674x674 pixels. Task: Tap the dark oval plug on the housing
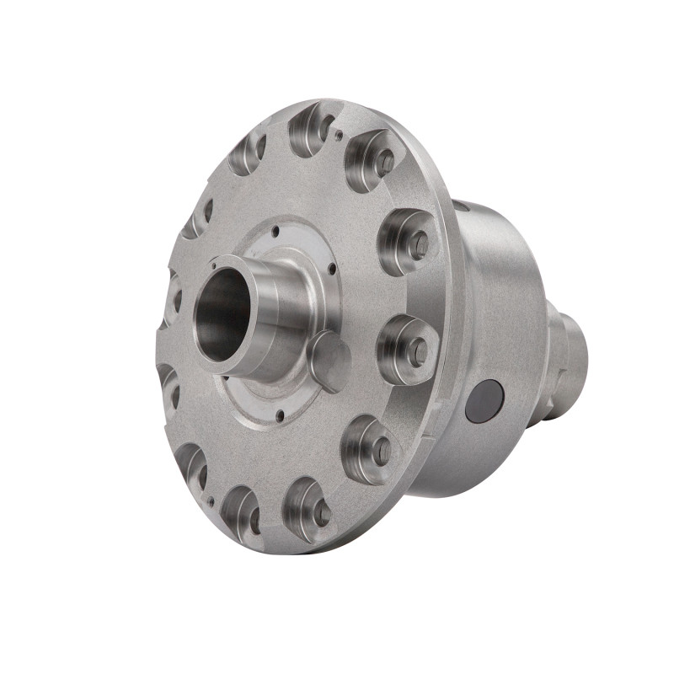coord(484,401)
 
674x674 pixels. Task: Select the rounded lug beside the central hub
coord(329,360)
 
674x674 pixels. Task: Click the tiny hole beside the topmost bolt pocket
coord(339,133)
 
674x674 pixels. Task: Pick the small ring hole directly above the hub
coord(275,227)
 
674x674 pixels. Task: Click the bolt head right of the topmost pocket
coord(385,163)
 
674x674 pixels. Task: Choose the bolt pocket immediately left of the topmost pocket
coord(249,152)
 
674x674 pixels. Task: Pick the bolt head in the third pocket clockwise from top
coord(418,244)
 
